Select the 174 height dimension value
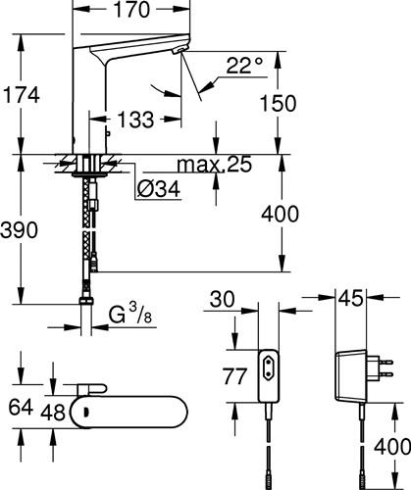pyautogui.click(x=21, y=95)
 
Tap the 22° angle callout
pyautogui.click(x=244, y=66)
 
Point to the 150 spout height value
pyautogui.click(x=278, y=103)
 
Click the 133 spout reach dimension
pyautogui.click(x=135, y=119)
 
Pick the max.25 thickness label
pyautogui.click(x=215, y=164)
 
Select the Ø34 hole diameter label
pyautogui.click(x=159, y=189)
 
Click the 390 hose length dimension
pyautogui.click(x=19, y=229)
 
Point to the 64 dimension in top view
pyautogui.click(x=21, y=408)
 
